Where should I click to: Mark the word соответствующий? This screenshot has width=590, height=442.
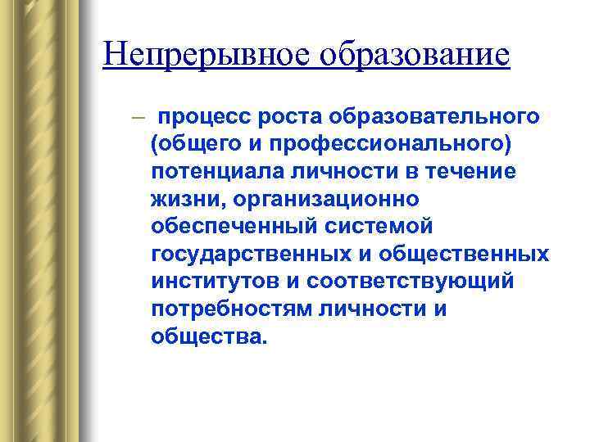pyautogui.click(x=411, y=282)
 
